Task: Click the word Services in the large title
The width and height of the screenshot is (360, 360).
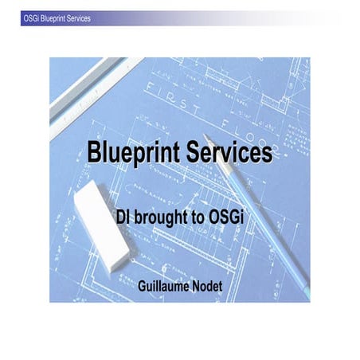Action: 228,153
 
